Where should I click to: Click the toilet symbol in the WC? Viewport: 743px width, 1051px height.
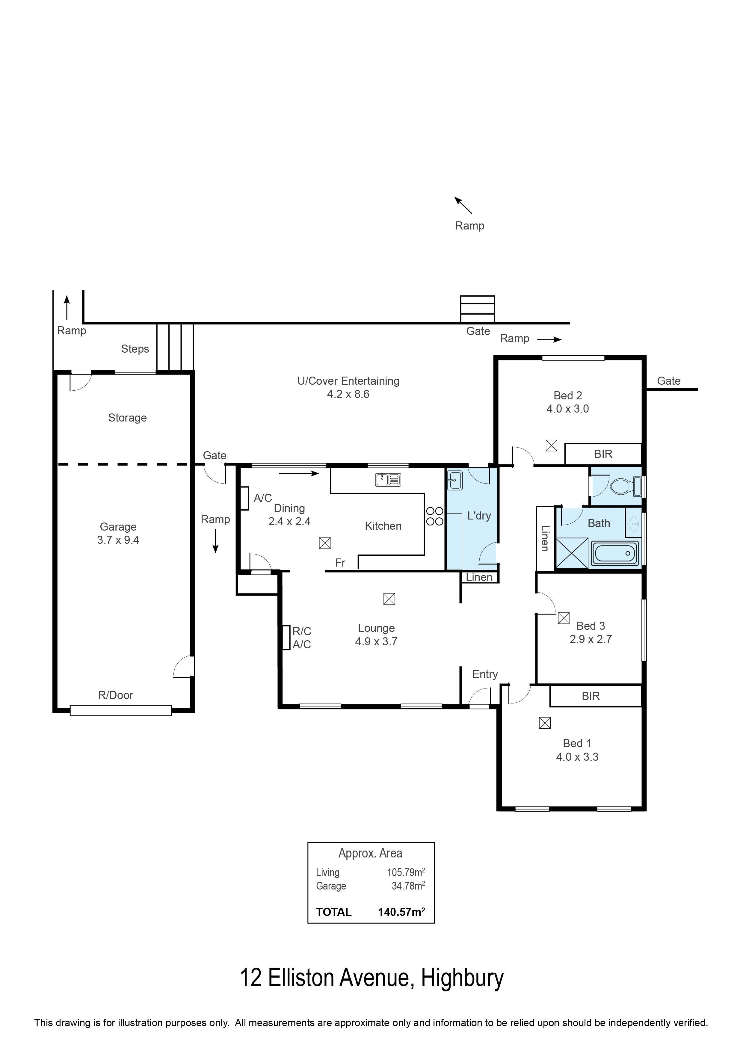point(625,486)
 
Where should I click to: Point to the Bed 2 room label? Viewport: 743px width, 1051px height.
point(568,395)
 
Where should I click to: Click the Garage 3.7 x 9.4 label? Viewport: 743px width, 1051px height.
point(118,533)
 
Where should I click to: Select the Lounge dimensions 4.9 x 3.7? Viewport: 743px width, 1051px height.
point(376,641)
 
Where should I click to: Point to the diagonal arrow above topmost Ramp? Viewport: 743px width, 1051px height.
point(463,205)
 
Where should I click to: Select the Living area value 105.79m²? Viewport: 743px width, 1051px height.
point(406,872)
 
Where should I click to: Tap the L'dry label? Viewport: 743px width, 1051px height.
point(479,516)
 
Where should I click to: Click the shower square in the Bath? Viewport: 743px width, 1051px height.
point(572,553)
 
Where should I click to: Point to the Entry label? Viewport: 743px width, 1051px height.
point(485,674)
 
